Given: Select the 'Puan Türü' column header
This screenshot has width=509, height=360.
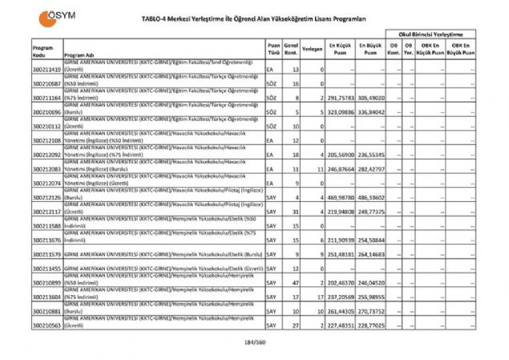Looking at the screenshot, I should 273,49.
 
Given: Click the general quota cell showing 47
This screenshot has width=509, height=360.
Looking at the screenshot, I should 296,283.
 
